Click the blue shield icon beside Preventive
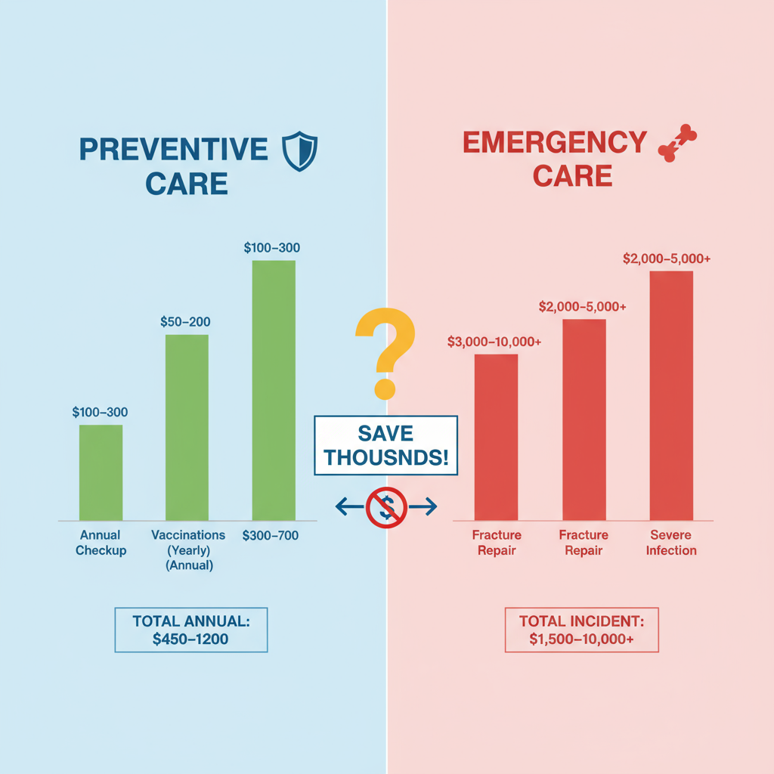[299, 150]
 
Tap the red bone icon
[678, 144]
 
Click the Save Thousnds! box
[385, 445]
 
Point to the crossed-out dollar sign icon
[386, 507]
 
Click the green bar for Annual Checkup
[101, 472]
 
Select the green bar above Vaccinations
[187, 427]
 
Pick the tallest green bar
[274, 390]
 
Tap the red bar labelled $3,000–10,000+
[496, 437]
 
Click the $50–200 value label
[185, 321]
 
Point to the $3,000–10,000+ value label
[494, 342]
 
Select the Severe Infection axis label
[671, 543]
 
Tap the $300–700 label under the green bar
[271, 536]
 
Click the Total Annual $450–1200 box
[190, 629]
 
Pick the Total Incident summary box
[581, 629]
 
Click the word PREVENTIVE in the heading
[174, 149]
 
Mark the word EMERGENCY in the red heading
[555, 142]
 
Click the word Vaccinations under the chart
[188, 535]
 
